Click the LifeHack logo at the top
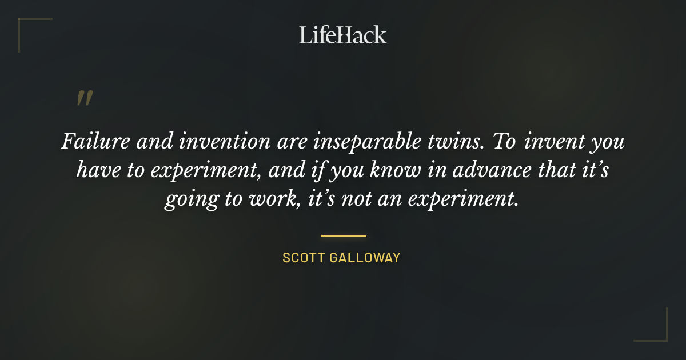click(343, 35)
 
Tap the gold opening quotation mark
click(85, 98)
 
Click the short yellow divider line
click(343, 235)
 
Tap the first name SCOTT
click(304, 258)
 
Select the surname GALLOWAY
click(366, 258)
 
